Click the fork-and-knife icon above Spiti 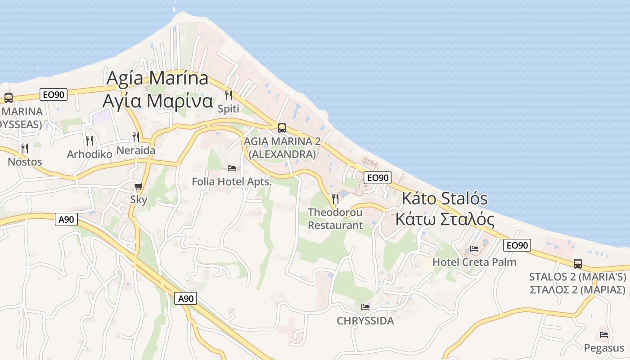(229, 95)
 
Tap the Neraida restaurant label (135, 150)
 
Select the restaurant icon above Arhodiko (90, 140)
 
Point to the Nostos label (25, 162)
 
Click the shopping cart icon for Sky (139, 186)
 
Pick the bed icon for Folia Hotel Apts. (232, 168)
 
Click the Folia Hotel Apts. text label (232, 182)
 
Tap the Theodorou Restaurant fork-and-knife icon (335, 198)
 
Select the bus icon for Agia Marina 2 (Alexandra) (282, 128)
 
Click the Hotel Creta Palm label (474, 262)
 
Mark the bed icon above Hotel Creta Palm (474, 248)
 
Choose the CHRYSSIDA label (365, 321)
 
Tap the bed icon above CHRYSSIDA (365, 307)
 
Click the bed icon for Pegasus (604, 334)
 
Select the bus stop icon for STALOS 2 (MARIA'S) (578, 263)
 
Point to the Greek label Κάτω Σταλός (445, 220)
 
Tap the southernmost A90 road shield (186, 298)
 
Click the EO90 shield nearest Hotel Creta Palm (517, 245)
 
